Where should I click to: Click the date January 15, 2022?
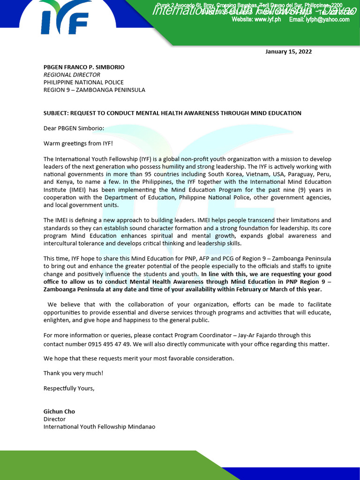288,52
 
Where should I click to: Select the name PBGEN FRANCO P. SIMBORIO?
84,67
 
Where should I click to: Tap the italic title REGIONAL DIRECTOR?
72,75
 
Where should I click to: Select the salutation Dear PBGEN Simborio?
74,128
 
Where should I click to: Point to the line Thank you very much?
73,373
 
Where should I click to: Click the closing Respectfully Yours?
69,388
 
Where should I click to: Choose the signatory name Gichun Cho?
59,412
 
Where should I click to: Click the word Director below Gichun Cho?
54,419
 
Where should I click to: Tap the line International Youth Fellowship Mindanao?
99,427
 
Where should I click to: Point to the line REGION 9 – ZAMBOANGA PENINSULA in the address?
94,90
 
